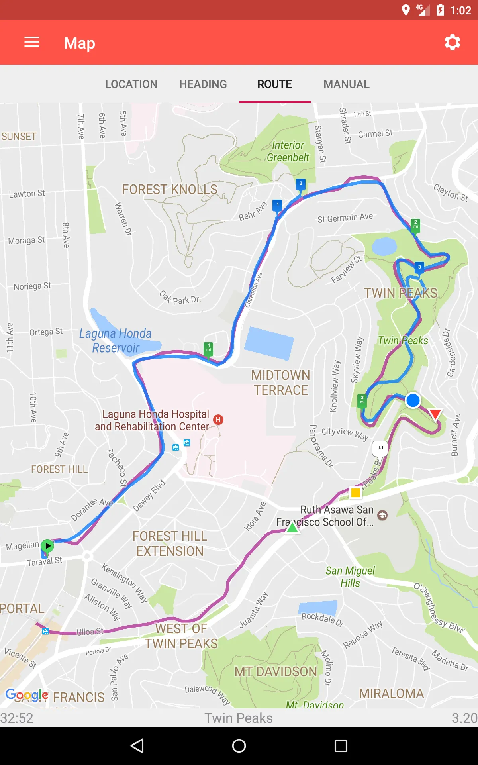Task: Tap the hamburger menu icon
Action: point(32,42)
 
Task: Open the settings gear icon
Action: point(453,42)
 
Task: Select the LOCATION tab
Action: point(131,84)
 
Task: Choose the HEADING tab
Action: point(203,84)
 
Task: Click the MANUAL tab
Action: point(347,84)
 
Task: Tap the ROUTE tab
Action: point(274,84)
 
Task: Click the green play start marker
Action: point(47,545)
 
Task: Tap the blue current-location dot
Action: point(413,400)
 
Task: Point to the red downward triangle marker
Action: point(435,414)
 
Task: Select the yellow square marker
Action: point(356,493)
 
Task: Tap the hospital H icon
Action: point(218,420)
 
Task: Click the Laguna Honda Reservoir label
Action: point(116,341)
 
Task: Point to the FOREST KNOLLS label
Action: point(170,190)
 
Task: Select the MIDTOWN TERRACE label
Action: point(281,382)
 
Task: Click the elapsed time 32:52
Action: point(17,718)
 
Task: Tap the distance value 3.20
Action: point(464,718)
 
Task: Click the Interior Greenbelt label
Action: point(288,151)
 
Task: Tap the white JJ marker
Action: point(380,448)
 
